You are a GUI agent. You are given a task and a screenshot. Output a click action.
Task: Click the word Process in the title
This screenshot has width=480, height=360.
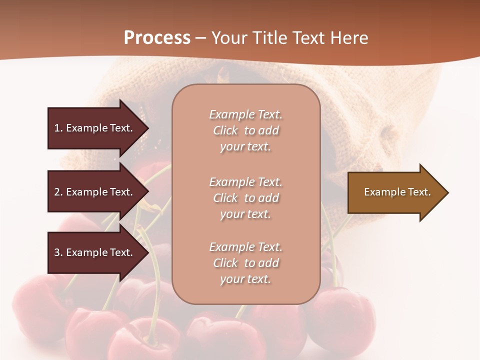pyautogui.click(x=157, y=38)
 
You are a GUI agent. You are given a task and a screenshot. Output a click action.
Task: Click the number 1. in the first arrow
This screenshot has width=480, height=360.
pyautogui.click(x=58, y=128)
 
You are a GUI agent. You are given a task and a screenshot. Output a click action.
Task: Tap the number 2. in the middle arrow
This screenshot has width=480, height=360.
pyautogui.click(x=58, y=192)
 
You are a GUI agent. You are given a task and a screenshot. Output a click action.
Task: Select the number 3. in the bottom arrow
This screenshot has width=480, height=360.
pyautogui.click(x=58, y=252)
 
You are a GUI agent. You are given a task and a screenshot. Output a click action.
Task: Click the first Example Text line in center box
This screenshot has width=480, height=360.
pyautogui.click(x=245, y=114)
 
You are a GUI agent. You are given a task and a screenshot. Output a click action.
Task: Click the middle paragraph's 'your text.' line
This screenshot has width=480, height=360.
pyautogui.click(x=245, y=214)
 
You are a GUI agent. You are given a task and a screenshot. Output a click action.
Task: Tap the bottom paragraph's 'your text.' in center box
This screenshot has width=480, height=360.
pyautogui.click(x=245, y=279)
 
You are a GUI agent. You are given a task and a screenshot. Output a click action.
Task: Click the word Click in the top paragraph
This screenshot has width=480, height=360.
pyautogui.click(x=225, y=130)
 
